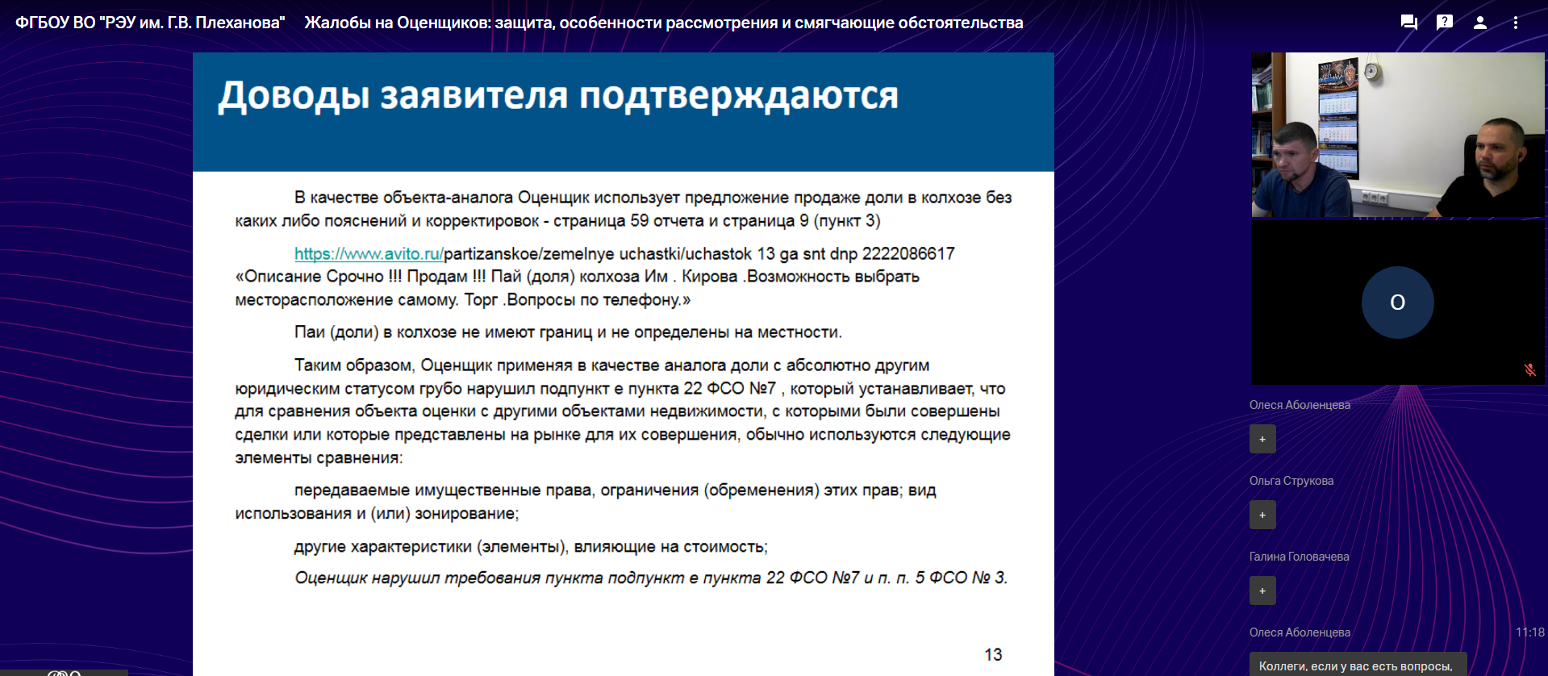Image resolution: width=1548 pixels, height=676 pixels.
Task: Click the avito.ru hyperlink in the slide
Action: pos(369,254)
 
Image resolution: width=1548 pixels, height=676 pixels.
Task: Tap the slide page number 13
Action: pos(993,655)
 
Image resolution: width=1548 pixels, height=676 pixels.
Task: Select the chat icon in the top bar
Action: pos(1409,23)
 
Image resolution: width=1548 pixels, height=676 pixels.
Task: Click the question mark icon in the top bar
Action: pos(1445,22)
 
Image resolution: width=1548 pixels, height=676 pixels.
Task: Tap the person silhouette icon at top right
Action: pos(1480,23)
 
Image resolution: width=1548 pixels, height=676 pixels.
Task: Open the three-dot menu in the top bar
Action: pos(1516,23)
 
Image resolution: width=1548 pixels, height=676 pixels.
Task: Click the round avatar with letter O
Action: pos(1398,303)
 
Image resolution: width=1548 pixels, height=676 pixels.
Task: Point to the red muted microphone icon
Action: pos(1529,370)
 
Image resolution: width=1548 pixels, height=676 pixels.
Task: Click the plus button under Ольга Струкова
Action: pos(1262,515)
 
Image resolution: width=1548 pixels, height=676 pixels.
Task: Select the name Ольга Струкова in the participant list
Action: pos(1291,481)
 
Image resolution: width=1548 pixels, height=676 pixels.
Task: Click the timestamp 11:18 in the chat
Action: pos(1529,632)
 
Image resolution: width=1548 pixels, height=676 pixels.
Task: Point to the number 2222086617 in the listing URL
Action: pos(908,254)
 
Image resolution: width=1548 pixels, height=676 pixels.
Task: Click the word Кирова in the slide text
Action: pos(710,277)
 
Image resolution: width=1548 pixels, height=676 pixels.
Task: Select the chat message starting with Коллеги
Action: pos(1356,666)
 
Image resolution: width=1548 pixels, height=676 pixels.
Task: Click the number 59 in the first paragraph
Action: pos(640,221)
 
